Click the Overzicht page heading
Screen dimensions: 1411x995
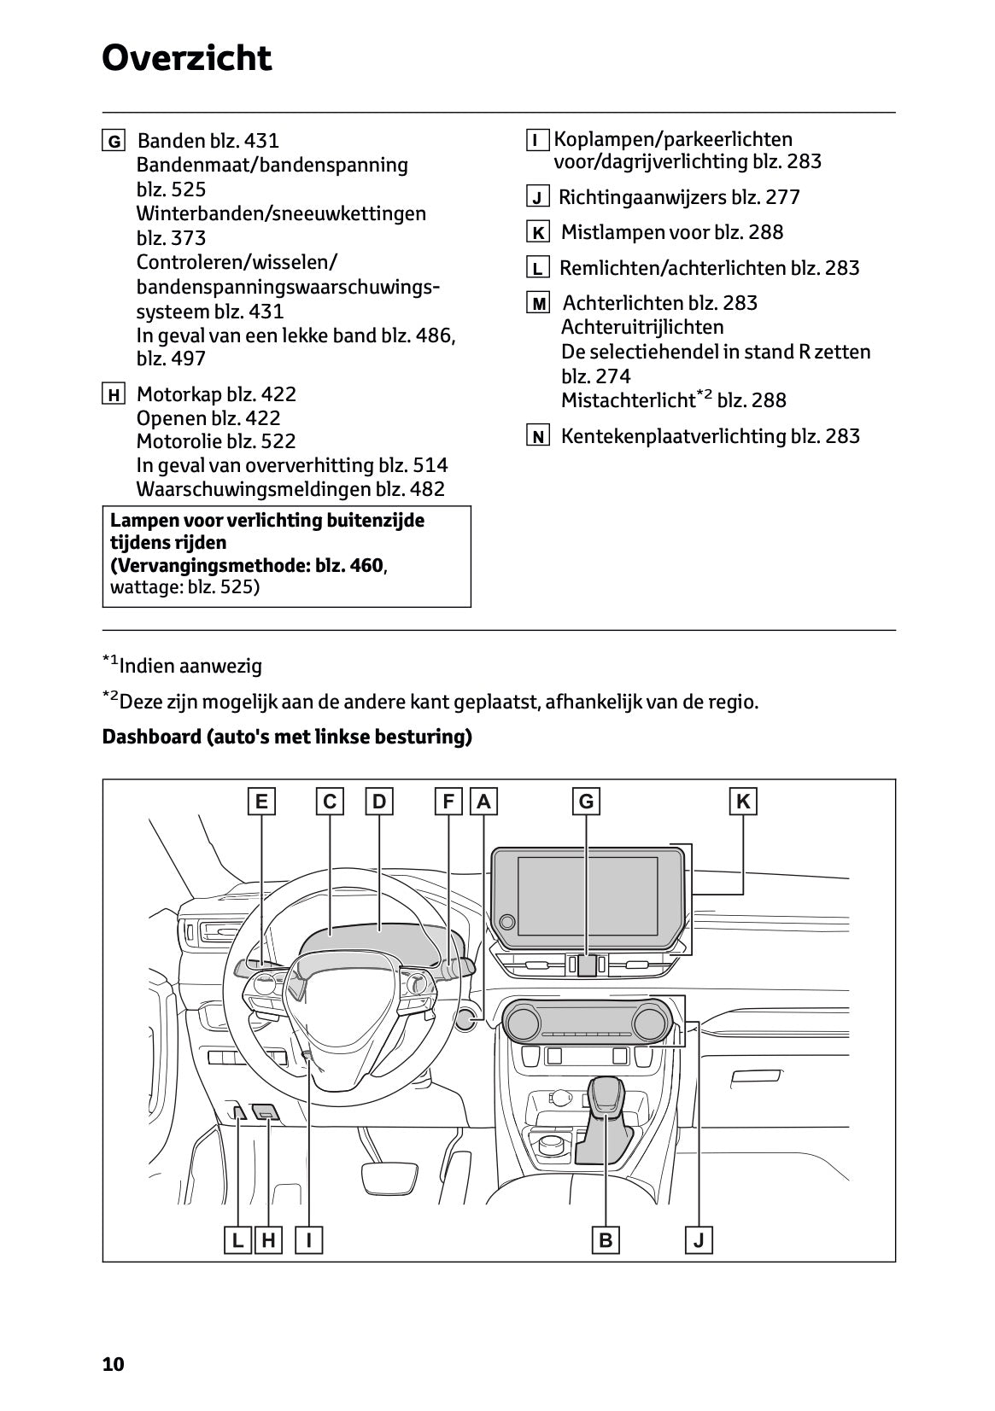click(186, 59)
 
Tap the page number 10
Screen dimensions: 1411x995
click(113, 1364)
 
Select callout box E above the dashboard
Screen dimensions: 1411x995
click(261, 802)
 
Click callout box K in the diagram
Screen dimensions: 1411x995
click(743, 802)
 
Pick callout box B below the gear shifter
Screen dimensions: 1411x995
click(606, 1239)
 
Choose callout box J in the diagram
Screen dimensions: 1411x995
click(699, 1239)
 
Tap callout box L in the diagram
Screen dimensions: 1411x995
click(237, 1239)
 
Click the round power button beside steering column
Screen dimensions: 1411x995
click(466, 1018)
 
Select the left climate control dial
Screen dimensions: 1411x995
click(523, 1021)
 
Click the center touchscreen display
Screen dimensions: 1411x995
click(588, 897)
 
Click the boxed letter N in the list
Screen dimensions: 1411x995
click(537, 437)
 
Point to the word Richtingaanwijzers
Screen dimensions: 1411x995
click(642, 197)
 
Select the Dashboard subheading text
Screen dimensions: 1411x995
click(287, 737)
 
